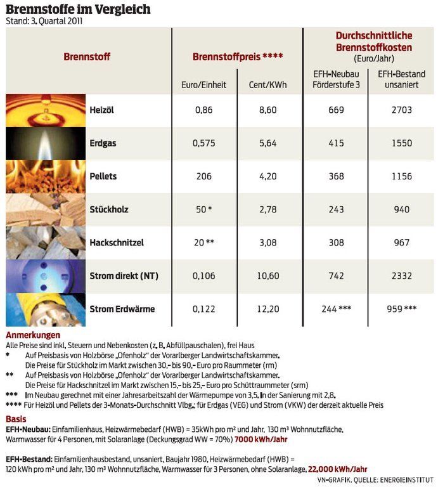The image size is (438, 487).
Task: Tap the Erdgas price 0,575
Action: click(x=204, y=143)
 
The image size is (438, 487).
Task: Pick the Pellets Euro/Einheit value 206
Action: click(x=204, y=176)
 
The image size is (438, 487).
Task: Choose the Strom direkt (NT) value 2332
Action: click(x=401, y=276)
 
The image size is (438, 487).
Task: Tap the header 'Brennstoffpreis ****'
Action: click(x=237, y=56)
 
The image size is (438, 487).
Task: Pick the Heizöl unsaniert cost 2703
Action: click(x=401, y=110)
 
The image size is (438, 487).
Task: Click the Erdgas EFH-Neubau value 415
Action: click(x=336, y=143)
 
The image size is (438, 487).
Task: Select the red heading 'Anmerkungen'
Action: click(x=33, y=335)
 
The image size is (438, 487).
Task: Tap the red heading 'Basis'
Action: click(x=16, y=419)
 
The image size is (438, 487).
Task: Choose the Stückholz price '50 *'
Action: click(x=204, y=209)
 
